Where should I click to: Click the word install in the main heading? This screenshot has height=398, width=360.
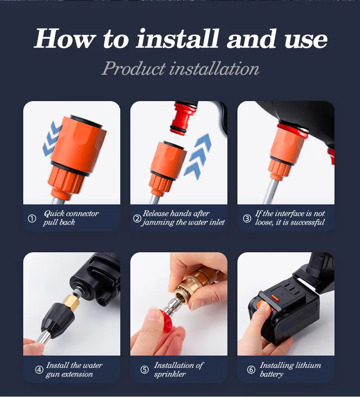tap(177, 39)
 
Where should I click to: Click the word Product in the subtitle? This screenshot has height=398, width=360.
tap(134, 68)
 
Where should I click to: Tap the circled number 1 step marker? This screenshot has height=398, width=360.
tap(32, 218)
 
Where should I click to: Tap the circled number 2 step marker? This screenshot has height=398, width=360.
tap(137, 218)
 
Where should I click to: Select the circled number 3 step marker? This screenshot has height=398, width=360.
tap(247, 218)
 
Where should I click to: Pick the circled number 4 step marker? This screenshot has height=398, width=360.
tap(39, 370)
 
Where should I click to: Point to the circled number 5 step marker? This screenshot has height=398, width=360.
tap(144, 370)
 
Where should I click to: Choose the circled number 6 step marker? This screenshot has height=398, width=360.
tap(251, 370)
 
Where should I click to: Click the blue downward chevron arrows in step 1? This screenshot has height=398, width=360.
tap(52, 138)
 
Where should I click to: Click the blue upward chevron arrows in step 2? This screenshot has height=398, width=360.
tap(198, 156)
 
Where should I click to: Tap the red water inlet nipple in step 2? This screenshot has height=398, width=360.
tap(184, 117)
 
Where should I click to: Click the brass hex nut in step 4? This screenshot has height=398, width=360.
tap(71, 302)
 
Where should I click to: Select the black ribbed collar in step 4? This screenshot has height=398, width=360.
tap(58, 321)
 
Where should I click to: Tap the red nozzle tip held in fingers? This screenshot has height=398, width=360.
tap(168, 320)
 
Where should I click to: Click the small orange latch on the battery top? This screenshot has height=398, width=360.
tap(275, 298)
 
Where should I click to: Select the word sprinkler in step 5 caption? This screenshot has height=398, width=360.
tap(170, 374)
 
